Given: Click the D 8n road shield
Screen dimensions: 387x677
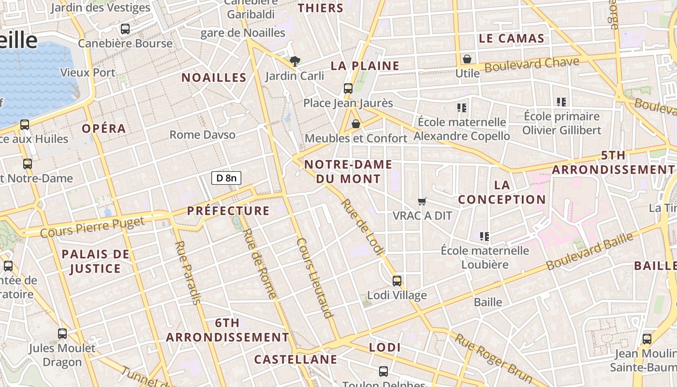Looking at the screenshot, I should (226, 178).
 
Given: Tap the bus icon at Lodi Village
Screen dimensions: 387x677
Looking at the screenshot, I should (397, 281).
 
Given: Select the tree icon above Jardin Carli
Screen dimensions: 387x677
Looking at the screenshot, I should (294, 61).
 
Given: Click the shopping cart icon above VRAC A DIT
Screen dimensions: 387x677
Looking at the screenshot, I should (422, 201).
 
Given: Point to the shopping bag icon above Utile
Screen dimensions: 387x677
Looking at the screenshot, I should (467, 59).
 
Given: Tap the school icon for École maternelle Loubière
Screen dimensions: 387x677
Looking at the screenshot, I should (485, 236).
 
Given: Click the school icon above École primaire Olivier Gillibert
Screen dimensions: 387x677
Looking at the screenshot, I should (561, 102).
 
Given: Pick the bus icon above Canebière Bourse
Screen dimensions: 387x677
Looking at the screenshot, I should (125, 29).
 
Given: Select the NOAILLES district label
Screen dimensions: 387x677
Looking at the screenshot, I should (214, 77).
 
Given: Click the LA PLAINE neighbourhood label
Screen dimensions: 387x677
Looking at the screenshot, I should (365, 66).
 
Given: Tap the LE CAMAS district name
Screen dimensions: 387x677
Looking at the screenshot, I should (511, 38).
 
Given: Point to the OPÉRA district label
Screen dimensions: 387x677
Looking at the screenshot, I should (103, 129).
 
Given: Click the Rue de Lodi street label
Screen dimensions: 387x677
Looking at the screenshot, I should (363, 227).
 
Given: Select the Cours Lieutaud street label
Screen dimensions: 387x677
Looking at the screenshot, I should (315, 278).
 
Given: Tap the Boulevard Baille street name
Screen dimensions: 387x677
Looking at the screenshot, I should (590, 252).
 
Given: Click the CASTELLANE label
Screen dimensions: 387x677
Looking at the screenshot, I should (295, 359).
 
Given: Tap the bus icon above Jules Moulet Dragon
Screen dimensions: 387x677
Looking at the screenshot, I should (62, 333).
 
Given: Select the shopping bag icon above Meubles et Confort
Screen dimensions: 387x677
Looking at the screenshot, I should (356, 124).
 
